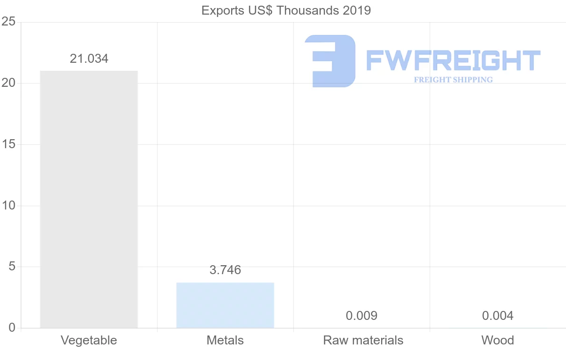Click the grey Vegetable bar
[89, 199]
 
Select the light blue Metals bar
[225, 305]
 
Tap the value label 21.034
[89, 59]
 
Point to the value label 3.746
[225, 270]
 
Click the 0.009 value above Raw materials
[361, 316]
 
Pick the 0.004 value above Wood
[498, 316]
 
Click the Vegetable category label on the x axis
[89, 340]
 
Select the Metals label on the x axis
[225, 340]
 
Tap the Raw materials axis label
[363, 340]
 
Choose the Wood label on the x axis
[498, 340]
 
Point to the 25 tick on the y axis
[8, 22]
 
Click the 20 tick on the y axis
[8, 83]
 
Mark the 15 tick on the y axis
[8, 144]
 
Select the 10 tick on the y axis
[8, 206]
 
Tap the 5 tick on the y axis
[12, 267]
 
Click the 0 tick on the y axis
[12, 328]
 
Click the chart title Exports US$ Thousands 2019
[286, 10]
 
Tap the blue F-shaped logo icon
[330, 61]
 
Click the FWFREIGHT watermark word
[453, 60]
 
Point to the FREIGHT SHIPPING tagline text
[453, 80]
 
